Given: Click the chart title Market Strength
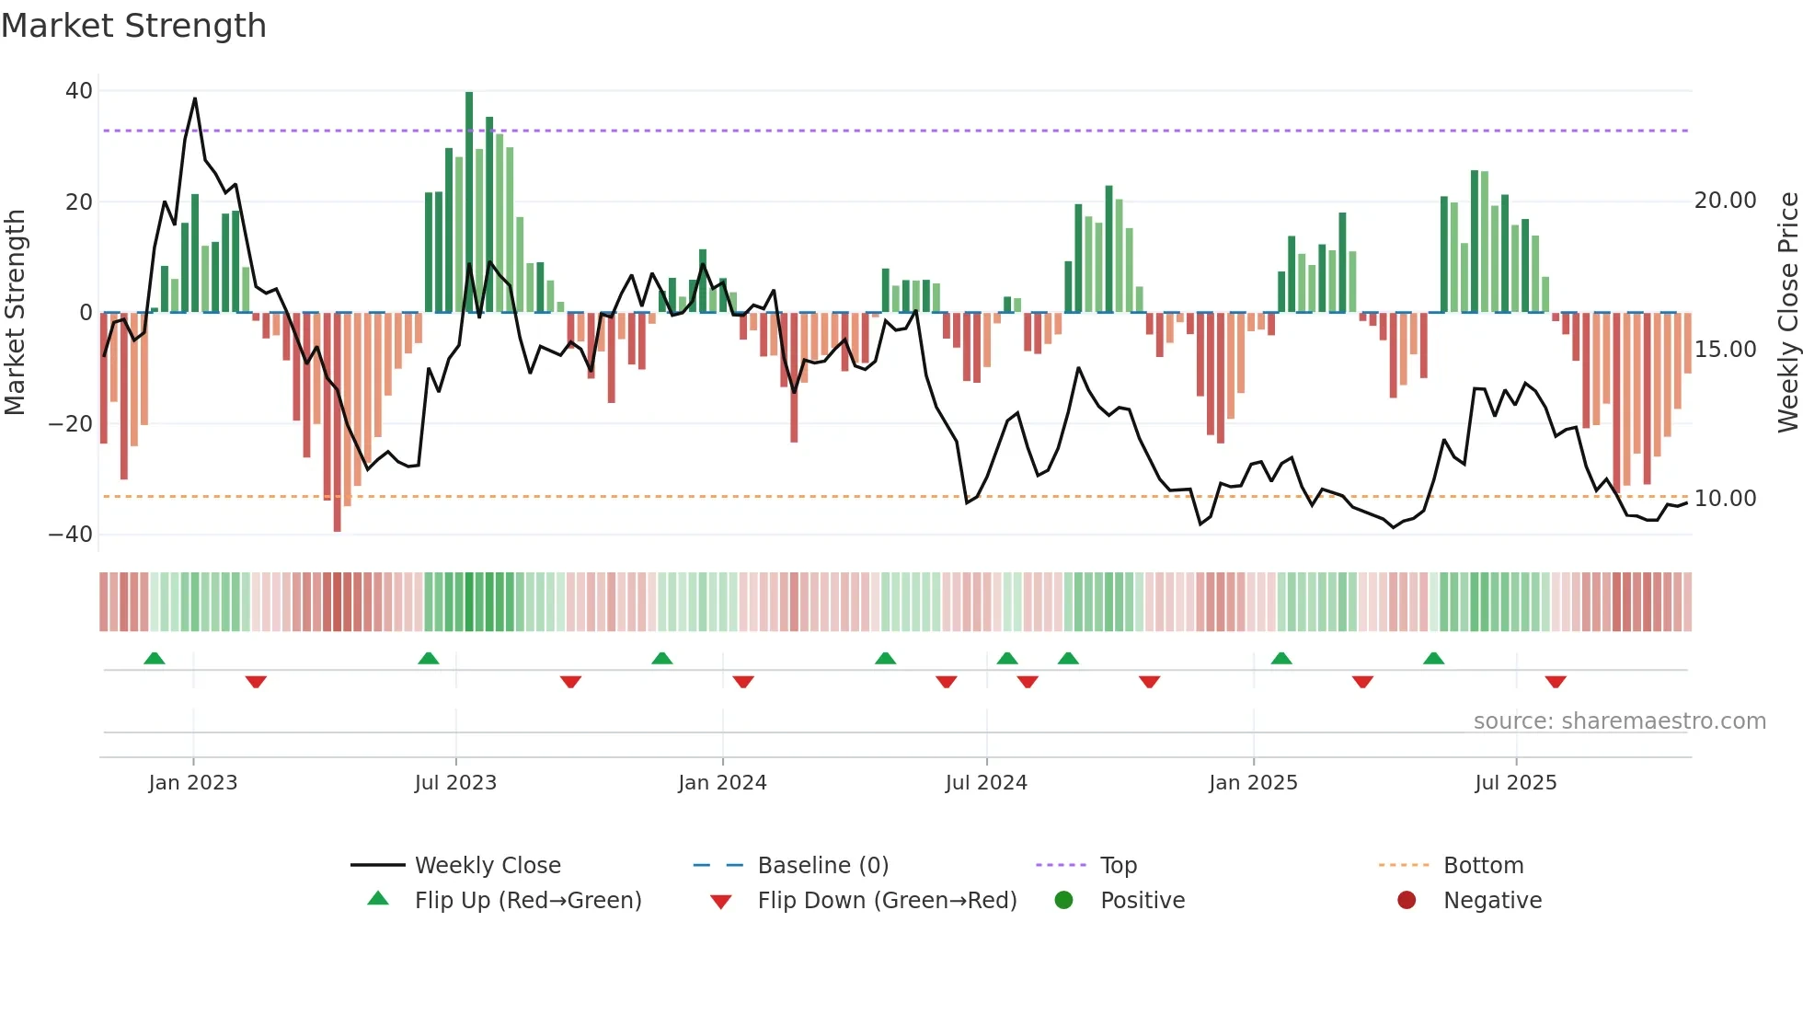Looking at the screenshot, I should click(133, 26).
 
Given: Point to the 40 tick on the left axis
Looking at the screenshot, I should click(79, 91).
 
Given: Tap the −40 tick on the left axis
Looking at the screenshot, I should click(71, 535).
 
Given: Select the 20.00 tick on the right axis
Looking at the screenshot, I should click(1725, 201).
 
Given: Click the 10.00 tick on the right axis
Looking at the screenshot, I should click(1725, 499).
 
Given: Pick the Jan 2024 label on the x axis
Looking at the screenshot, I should click(722, 783).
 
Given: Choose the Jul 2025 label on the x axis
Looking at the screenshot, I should click(1515, 783).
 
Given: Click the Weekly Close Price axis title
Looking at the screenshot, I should click(1787, 313).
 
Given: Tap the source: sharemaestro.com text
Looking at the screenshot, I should click(1619, 721).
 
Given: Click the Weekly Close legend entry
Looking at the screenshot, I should click(488, 866).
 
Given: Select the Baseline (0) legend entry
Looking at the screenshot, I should click(822, 866).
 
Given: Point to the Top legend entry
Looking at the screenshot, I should click(1119, 866).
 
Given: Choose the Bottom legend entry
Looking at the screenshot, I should click(1483, 866).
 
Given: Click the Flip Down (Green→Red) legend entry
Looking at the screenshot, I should click(887, 901).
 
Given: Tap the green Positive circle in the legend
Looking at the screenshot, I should click(1064, 901).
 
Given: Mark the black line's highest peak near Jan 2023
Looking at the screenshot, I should click(195, 99).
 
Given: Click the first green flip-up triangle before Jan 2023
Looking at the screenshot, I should click(155, 659).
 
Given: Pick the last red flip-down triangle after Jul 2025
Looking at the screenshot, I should click(1556, 682).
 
